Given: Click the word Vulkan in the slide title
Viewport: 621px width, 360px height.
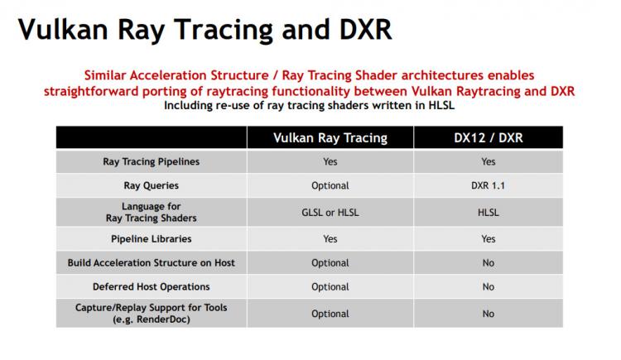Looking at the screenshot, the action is click(63, 29).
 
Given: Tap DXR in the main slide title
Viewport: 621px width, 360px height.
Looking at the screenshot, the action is click(365, 29).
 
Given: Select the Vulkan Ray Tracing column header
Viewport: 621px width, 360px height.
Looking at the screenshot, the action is click(330, 138).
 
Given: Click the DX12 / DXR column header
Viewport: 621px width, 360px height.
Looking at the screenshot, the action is click(488, 138).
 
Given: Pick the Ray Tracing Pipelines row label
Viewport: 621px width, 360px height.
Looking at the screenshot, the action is click(152, 161).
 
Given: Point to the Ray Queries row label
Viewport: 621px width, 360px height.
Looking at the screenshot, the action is click(152, 185).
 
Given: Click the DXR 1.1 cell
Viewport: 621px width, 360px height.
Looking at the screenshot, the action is click(488, 185).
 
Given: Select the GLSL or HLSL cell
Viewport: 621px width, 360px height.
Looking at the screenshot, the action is click(330, 213).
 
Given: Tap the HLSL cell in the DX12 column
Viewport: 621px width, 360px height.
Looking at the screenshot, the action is click(488, 213).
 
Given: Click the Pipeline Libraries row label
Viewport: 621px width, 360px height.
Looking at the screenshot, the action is click(152, 239).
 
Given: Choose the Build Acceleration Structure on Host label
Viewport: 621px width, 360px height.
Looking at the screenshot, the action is click(152, 262).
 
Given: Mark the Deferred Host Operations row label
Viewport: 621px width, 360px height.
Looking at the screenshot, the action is click(152, 286).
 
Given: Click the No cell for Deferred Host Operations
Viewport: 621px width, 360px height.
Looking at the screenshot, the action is click(488, 286).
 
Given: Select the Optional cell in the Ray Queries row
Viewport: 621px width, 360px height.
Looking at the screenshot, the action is click(330, 185).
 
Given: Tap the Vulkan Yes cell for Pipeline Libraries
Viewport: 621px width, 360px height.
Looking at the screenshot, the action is click(330, 239).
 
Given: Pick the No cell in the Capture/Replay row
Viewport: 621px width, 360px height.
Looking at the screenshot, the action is click(488, 314).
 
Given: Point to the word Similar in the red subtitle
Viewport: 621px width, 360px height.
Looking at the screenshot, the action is click(104, 75).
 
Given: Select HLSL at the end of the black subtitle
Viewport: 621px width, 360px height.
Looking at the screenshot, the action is click(441, 105).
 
